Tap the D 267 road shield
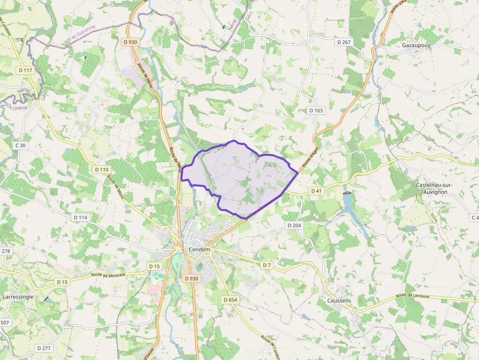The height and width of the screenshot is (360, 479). pos(344,42)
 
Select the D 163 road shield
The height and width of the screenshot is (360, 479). pos(316,110)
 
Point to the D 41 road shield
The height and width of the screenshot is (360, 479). pos(316,191)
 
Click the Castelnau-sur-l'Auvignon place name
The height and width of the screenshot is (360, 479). pos(434,189)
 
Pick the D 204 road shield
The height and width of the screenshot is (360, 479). pos(295,225)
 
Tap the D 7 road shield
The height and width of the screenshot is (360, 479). pos(266,265)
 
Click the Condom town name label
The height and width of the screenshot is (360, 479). pos(199,250)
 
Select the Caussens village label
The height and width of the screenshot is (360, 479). pos(339,300)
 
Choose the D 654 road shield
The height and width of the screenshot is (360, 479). pos(230,299)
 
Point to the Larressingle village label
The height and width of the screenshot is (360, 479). pos(18,296)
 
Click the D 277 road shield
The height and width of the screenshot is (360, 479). pos(44,348)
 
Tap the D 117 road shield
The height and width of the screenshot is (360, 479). pos(25,70)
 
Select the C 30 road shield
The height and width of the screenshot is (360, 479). pos(20,145)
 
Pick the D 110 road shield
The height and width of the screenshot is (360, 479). pos(102,169)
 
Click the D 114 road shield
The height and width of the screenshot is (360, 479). pos(80,217)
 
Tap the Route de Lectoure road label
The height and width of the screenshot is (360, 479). pos(413,296)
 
